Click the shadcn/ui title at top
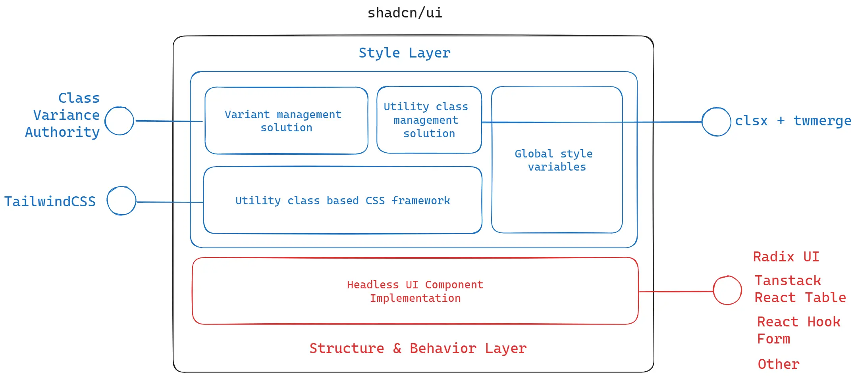coord(405,13)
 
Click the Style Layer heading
coord(405,53)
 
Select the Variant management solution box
coord(286,121)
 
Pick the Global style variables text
coord(554,160)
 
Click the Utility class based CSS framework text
coord(342,201)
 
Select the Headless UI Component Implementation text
coord(415,292)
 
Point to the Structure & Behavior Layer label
coord(418,348)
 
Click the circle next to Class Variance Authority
coord(119,121)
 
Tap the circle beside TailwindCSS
coord(121,201)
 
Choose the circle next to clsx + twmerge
coord(716,122)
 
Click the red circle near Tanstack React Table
coord(727,291)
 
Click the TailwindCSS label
coord(50,201)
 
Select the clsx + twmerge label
coord(792,121)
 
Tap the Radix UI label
coord(786,257)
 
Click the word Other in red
coord(778,364)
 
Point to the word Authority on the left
coord(62,132)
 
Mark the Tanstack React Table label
coord(800,289)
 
